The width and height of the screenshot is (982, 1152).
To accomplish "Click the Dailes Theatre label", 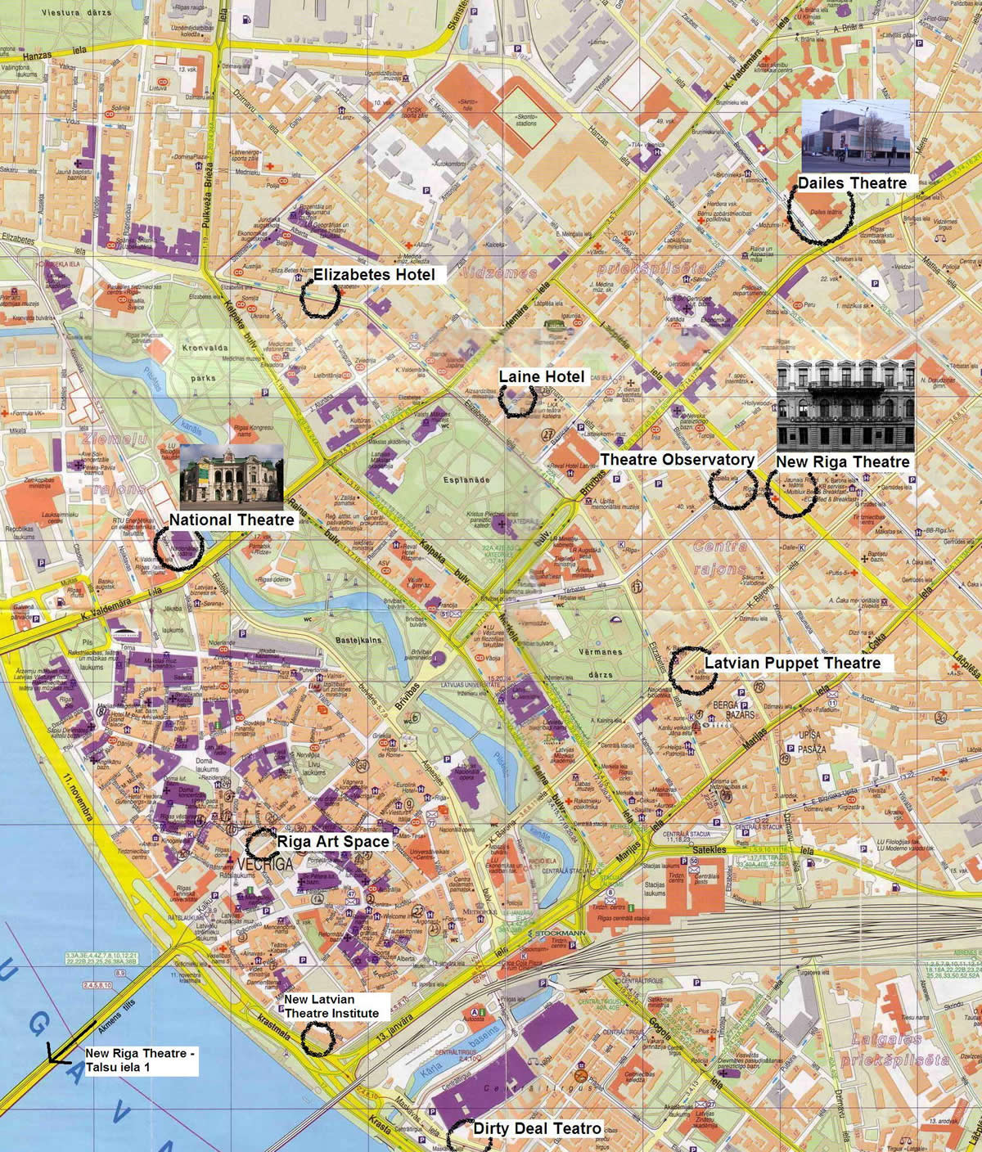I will click(852, 183).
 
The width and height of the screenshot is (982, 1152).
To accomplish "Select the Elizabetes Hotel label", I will click(374, 274).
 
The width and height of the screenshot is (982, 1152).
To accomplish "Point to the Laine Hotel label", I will click(542, 376).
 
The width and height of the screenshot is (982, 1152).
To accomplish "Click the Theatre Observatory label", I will click(677, 460).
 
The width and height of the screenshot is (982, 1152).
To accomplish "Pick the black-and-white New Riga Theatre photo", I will click(845, 405).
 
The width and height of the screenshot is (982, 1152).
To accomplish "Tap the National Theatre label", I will click(232, 520).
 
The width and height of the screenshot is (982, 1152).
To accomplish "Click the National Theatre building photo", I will click(232, 474).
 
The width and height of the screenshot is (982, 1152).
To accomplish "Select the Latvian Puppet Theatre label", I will click(792, 663).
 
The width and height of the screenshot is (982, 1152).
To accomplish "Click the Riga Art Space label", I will click(333, 841).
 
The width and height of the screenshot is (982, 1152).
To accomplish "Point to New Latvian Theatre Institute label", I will click(331, 1006).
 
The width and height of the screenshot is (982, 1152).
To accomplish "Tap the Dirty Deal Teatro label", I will click(538, 1129).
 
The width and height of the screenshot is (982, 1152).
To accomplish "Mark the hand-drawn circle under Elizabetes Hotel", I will click(319, 299).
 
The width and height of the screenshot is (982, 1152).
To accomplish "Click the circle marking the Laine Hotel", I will click(518, 400).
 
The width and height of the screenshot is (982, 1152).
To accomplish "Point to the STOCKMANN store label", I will click(560, 933).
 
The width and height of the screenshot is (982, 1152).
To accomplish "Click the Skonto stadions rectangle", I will click(527, 117).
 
